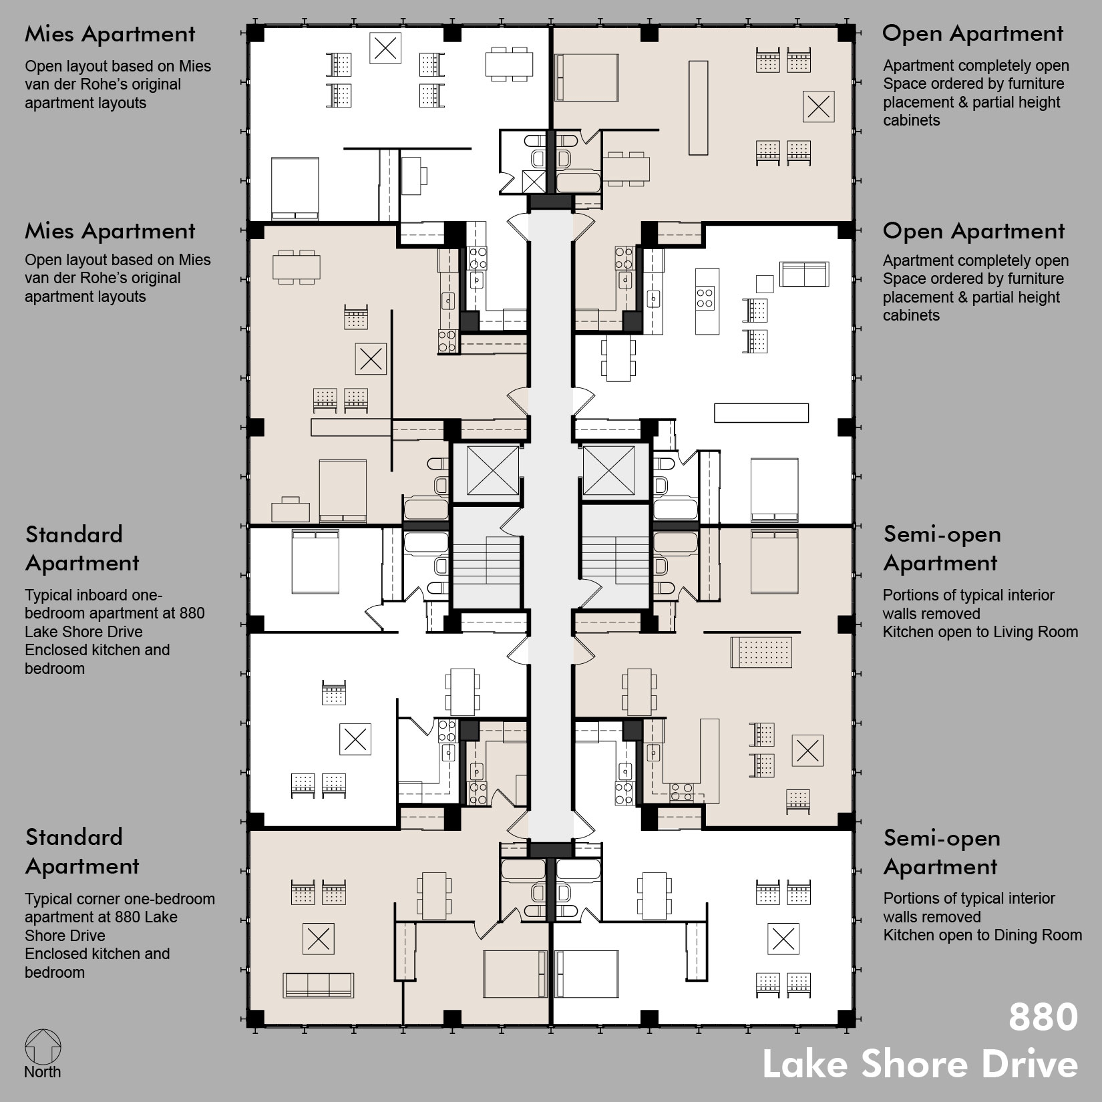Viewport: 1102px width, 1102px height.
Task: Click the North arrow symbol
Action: (43, 1047)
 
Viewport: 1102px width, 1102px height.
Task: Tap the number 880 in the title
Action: (1043, 1017)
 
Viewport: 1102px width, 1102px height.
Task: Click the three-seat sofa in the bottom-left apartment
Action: (318, 985)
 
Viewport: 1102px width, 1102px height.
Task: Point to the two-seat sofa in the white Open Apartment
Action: (804, 274)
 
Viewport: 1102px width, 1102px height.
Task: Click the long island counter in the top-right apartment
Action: (698, 108)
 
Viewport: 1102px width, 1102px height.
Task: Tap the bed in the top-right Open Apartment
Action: (586, 77)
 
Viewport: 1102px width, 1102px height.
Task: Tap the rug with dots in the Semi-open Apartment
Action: (761, 652)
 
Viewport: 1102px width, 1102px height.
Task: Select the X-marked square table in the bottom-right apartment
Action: (783, 940)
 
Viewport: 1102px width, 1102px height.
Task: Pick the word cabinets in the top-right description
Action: (911, 120)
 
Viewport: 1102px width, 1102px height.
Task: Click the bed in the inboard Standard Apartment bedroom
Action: (315, 561)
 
